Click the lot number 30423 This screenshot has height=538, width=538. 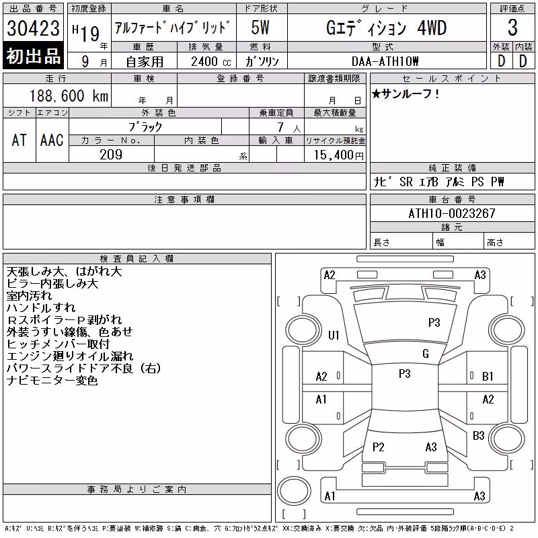click(33, 28)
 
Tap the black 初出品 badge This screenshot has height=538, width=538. click(33, 56)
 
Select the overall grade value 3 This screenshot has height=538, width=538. click(512, 28)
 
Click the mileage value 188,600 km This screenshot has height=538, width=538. click(69, 96)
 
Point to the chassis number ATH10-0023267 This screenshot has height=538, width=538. click(452, 213)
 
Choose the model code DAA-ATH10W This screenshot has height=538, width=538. click(385, 61)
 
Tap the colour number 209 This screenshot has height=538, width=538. click(111, 155)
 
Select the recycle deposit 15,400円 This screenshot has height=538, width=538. click(338, 155)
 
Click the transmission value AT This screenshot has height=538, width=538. click(20, 141)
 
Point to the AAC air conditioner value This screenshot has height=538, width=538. click(52, 141)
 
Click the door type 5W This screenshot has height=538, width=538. click(260, 28)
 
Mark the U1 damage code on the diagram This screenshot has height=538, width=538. click(334, 335)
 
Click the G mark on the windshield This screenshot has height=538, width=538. click(426, 354)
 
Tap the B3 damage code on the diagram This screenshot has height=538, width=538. click(478, 436)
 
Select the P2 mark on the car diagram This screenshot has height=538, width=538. click(378, 447)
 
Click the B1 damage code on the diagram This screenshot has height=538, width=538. click(488, 377)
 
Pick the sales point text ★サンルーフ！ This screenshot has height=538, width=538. click(406, 93)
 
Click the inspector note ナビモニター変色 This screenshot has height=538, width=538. click(52, 381)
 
